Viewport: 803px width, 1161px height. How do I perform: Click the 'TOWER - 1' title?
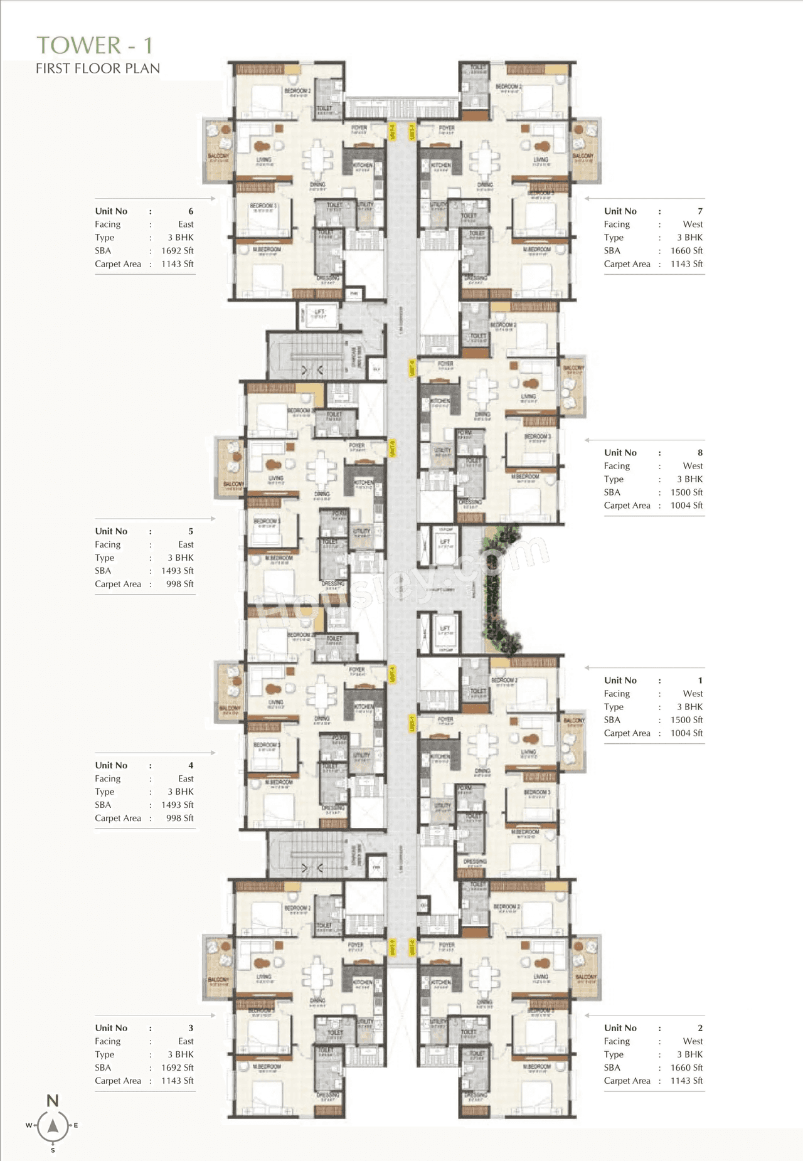(94, 45)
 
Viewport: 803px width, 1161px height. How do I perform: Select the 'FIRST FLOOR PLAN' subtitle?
(98, 68)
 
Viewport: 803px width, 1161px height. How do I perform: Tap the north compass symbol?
(53, 1125)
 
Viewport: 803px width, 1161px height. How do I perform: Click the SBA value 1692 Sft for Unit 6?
(177, 251)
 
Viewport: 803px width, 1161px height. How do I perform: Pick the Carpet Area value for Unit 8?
(686, 506)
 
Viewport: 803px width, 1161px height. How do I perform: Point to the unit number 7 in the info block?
(700, 211)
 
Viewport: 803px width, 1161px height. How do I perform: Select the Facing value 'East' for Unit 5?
(186, 544)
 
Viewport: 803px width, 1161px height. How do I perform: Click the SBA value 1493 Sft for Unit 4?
(177, 805)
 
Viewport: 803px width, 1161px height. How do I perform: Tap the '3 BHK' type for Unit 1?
(689, 707)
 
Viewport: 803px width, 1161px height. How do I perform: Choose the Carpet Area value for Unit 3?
(177, 1081)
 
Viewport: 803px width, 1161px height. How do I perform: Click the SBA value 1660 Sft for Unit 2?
(686, 1068)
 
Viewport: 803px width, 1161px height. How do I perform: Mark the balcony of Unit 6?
(218, 151)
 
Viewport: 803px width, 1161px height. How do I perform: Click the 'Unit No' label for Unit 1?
(620, 681)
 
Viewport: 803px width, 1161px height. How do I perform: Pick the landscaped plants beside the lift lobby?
(500, 590)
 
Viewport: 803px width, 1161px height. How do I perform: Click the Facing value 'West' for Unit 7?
(693, 225)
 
